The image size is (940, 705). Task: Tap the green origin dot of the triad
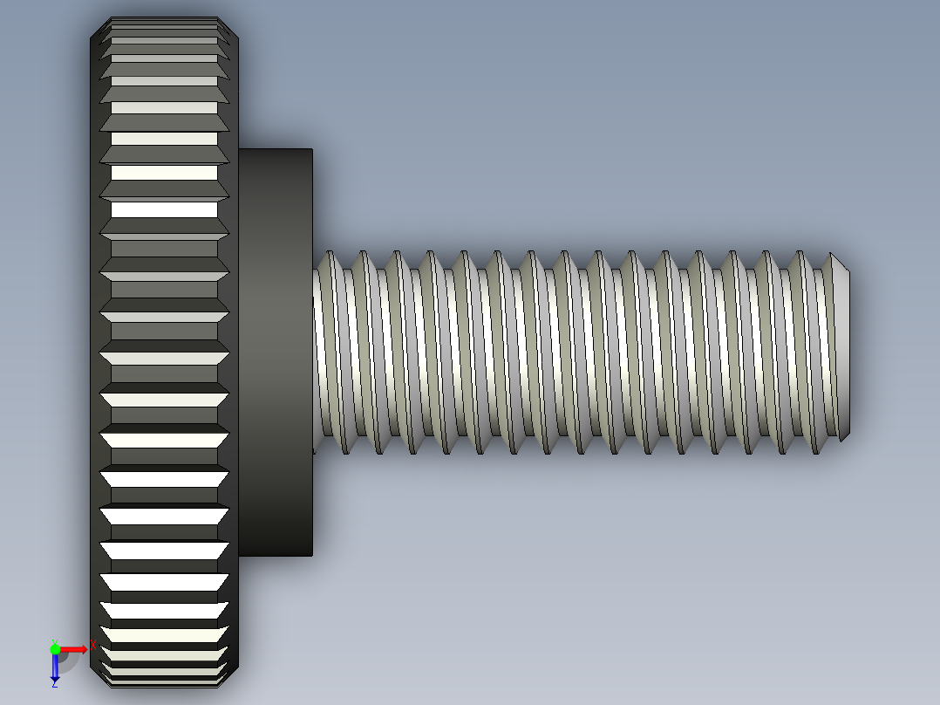(55, 649)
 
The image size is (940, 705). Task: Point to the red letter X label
(92, 645)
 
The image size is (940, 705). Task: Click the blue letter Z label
(54, 684)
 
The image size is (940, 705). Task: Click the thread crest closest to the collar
(330, 349)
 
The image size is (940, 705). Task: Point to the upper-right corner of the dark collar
(311, 149)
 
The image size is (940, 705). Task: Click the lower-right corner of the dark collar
(311, 555)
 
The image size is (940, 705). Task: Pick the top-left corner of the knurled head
(92, 35)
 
